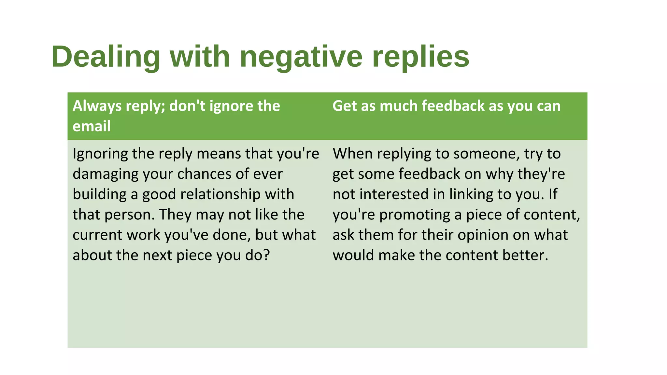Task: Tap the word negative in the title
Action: [x=301, y=57]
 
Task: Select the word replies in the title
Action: [x=420, y=57]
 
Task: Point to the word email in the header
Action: [x=92, y=126]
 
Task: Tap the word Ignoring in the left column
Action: [x=100, y=154]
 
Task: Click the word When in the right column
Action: [x=352, y=154]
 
